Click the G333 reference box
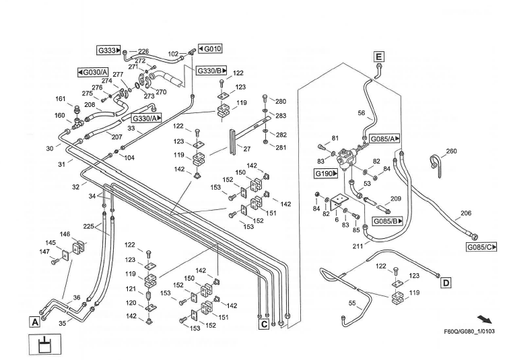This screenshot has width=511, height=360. [109, 50]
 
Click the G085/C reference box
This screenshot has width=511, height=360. [482, 247]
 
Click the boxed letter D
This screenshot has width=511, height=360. [446, 283]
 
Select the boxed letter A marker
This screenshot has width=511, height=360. [34, 322]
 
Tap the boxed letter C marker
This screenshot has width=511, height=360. [264, 324]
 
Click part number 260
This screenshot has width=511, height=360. [451, 151]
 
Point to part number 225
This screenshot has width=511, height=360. [89, 226]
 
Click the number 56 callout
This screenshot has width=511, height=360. [362, 114]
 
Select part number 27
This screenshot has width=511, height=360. [247, 149]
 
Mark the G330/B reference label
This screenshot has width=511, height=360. [211, 71]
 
